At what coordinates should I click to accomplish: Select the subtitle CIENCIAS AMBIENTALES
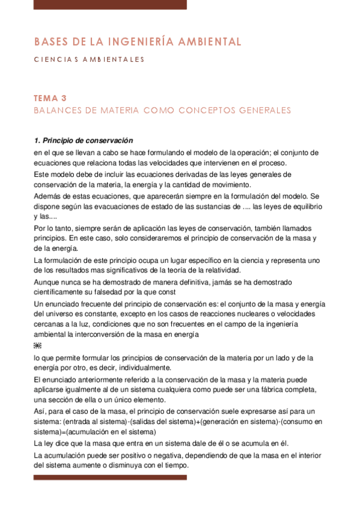click(x=89, y=60)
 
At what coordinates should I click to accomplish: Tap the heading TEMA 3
click(x=50, y=98)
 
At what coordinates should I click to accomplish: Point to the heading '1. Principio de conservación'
click(x=84, y=141)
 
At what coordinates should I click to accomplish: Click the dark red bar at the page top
click(x=110, y=5)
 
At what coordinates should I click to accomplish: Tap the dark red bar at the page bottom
click(x=110, y=478)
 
